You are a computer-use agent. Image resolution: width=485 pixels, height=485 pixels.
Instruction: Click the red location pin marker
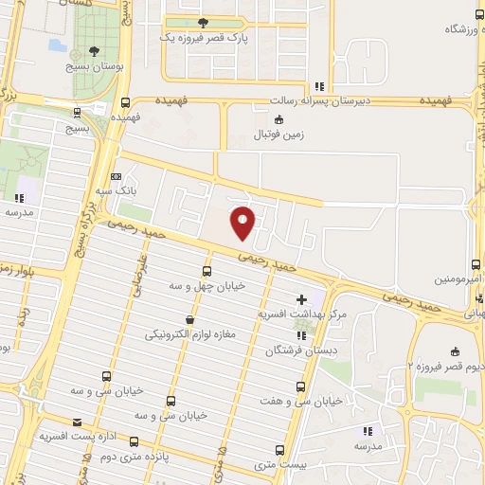243,222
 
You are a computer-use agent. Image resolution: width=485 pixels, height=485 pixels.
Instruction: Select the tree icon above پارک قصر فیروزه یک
203,23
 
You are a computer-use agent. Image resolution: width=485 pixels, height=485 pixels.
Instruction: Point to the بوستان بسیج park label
93,66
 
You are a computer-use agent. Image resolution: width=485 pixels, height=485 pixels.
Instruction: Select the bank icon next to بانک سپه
117,176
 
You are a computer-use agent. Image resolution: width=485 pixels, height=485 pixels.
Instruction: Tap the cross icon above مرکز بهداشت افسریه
301,299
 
